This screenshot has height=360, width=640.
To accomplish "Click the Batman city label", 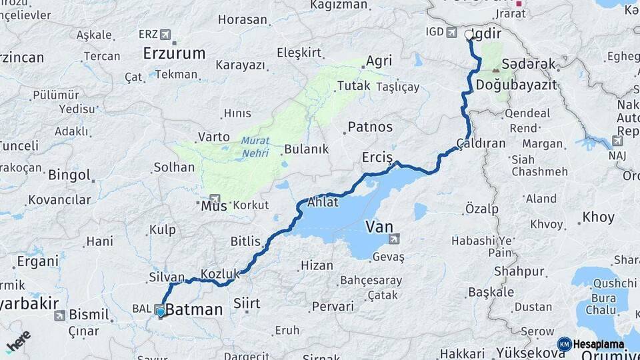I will [193, 309].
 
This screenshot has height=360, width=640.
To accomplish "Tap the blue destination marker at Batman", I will [160, 311].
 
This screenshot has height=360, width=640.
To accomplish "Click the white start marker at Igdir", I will [469, 34].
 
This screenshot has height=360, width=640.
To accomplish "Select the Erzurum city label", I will [174, 53].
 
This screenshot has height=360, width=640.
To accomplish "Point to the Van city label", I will [378, 227].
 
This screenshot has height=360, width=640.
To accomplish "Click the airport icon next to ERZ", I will [165, 34].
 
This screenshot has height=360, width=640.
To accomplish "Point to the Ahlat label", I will [323, 202].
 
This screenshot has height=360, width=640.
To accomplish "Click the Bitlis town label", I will [245, 241].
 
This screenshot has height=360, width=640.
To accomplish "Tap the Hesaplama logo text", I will [598, 345].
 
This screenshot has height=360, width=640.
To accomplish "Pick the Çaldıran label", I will [481, 143].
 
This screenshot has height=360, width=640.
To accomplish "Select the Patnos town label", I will [370, 127].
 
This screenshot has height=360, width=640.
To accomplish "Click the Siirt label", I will [246, 304].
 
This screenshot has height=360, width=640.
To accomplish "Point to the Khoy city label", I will [598, 217].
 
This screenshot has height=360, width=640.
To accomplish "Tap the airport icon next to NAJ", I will [618, 141].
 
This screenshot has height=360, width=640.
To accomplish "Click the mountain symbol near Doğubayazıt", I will [495, 69].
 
